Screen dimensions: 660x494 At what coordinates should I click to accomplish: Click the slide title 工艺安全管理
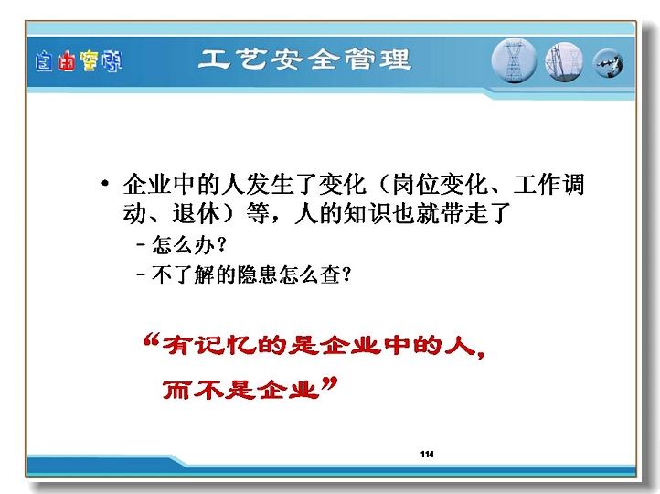(304, 59)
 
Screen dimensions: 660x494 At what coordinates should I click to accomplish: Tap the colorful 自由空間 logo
(79, 61)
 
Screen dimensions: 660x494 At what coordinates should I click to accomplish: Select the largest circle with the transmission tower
(514, 60)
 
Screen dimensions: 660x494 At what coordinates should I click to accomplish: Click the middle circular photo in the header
(564, 62)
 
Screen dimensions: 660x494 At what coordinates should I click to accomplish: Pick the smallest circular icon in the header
(608, 64)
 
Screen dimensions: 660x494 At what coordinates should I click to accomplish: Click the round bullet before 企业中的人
(105, 184)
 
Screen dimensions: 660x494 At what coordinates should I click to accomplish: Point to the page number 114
(427, 454)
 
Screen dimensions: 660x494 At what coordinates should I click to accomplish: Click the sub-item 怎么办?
(189, 244)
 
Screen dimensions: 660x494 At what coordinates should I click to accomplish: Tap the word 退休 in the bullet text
(197, 213)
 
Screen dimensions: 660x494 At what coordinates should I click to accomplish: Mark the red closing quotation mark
(330, 384)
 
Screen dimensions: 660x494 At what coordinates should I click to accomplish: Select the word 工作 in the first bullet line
(538, 184)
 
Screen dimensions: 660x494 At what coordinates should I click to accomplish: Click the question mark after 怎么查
(346, 274)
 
